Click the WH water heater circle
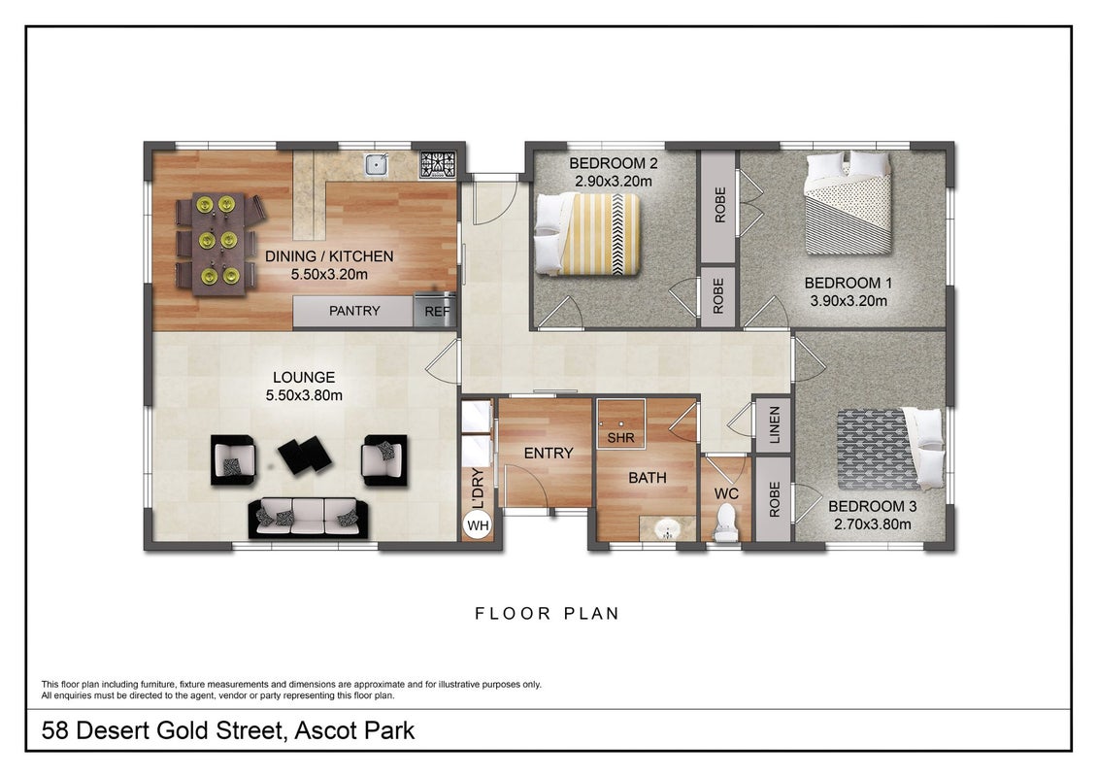pyautogui.click(x=478, y=525)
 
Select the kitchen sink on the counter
pyautogui.click(x=377, y=164)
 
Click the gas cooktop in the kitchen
pyautogui.click(x=438, y=164)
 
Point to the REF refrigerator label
pyautogui.click(x=437, y=311)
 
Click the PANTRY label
pyautogui.click(x=354, y=311)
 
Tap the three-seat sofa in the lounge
pyautogui.click(x=308, y=518)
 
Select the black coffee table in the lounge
pyautogui.click(x=305, y=454)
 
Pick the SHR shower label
pyautogui.click(x=620, y=438)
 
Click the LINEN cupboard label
pyautogui.click(x=775, y=424)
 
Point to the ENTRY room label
pyautogui.click(x=549, y=454)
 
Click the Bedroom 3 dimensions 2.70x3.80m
pyautogui.click(x=873, y=524)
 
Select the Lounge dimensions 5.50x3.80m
pyautogui.click(x=304, y=395)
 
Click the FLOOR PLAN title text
pyautogui.click(x=547, y=614)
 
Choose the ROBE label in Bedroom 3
pyautogui.click(x=775, y=499)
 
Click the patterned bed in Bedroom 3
pyautogui.click(x=889, y=449)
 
